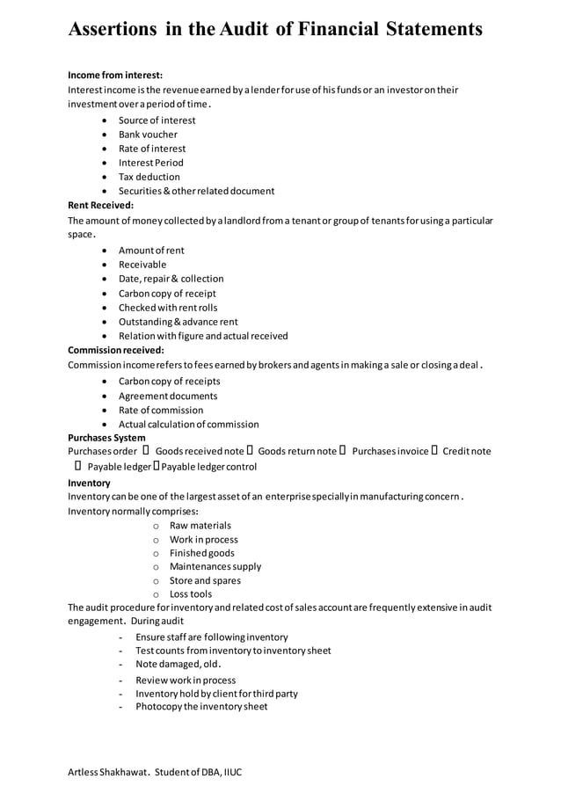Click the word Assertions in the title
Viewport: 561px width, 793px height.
112,29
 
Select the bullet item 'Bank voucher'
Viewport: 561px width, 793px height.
148,135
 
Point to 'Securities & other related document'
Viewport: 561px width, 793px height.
196,191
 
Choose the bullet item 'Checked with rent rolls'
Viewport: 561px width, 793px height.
168,308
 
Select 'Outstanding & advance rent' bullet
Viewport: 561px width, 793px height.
178,322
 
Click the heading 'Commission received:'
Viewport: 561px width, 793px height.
116,350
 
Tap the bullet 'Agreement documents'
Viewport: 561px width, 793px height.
168,396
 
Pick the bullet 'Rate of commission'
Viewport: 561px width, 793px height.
161,410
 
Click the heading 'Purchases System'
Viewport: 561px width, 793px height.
107,437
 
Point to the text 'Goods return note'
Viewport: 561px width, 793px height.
297,451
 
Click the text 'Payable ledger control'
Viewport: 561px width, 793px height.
209,466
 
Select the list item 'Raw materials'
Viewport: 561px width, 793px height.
200,525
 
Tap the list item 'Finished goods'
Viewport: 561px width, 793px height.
202,553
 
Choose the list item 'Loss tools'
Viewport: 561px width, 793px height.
191,594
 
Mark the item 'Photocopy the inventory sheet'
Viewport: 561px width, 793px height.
201,706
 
